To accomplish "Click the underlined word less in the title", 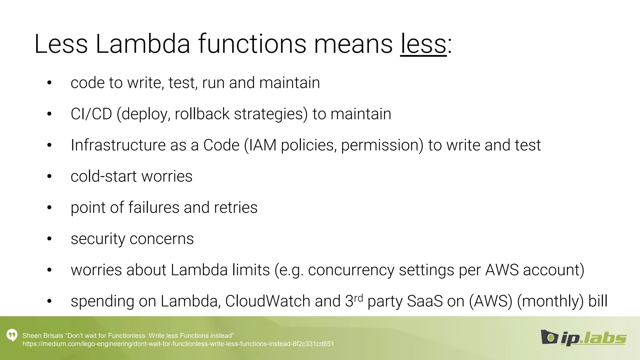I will coord(423,44).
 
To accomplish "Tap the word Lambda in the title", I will coord(142,44).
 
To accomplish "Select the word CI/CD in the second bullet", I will coord(91,114).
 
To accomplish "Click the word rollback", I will coord(202,114).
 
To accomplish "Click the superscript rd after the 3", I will coord(358,298).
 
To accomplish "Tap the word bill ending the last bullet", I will coord(598,301).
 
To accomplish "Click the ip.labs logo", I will coord(583,338).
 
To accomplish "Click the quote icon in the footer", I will coord(12,335).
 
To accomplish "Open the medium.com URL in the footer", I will coord(178,344).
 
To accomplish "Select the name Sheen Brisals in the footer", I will coord(43,336).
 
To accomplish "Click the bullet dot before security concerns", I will coord(49,239).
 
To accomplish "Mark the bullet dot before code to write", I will coord(49,83).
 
